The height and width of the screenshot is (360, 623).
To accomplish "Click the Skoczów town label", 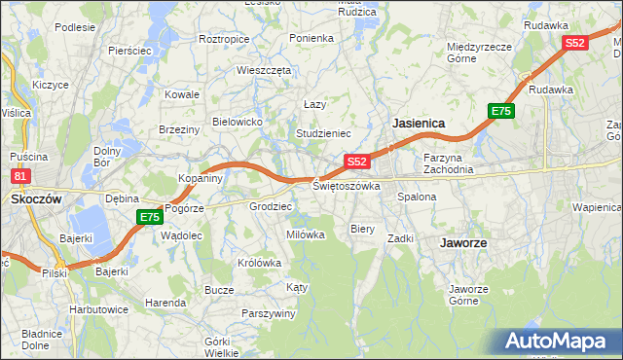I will point(36,198).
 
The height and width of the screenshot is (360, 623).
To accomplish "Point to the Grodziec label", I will point(271,206).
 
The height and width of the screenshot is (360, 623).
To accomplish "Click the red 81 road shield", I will point(20,176).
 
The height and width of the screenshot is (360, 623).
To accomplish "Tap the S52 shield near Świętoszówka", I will point(356,162).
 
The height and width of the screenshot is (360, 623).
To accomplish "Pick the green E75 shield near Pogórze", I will point(149,217).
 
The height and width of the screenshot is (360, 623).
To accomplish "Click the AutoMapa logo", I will point(561,342).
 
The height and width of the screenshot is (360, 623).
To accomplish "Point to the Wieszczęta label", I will point(264,70).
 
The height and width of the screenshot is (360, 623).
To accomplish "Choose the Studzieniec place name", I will point(323,132).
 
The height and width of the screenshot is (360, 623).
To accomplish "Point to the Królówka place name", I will point(259,263).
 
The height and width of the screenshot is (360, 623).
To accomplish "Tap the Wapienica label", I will point(597,207).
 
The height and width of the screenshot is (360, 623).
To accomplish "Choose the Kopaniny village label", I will point(202,178).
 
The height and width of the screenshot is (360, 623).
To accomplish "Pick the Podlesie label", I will point(74,27).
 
